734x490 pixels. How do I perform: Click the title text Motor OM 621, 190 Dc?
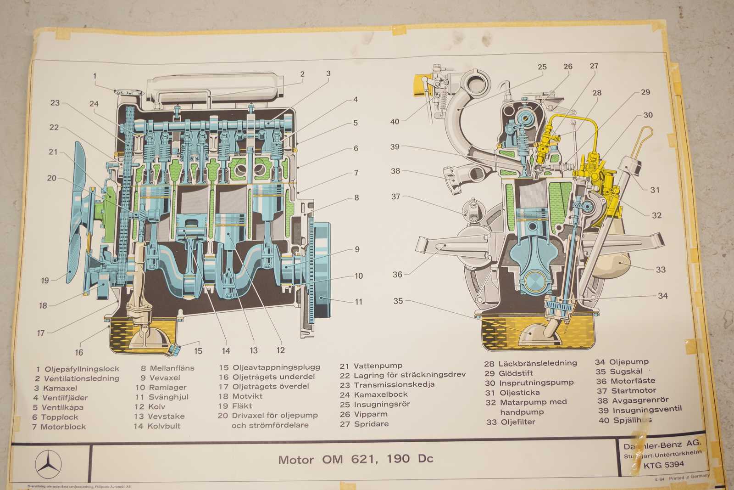coord(356,459)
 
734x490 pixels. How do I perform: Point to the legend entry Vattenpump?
coord(378,366)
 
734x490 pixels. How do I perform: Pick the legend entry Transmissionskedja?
coord(394,384)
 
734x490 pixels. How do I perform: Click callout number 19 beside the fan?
coord(45,280)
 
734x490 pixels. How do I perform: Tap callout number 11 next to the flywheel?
coord(358,302)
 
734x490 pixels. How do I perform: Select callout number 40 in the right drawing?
coord(395,122)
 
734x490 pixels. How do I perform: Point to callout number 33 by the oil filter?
coord(660,270)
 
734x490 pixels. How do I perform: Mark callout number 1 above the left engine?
coord(95,76)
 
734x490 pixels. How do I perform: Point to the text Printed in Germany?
coord(689,477)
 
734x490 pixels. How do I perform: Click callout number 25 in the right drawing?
coord(542,67)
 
